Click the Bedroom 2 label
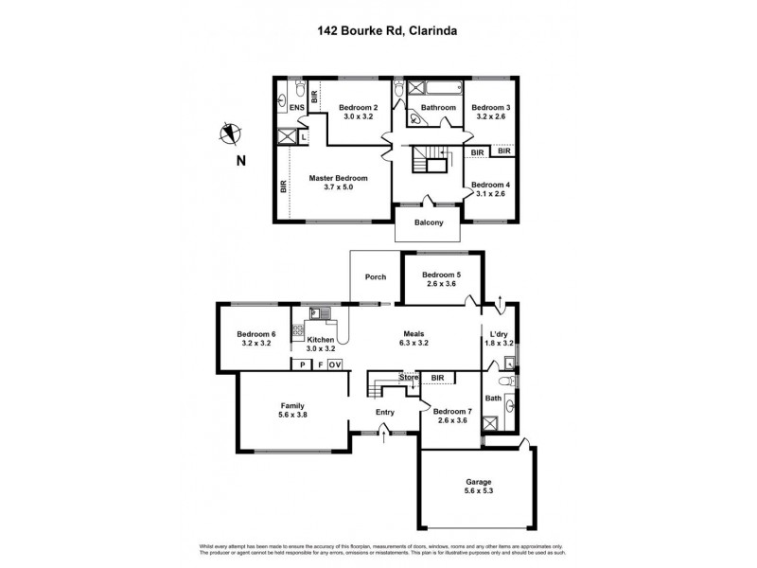pos(358,108)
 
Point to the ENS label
pos(296,108)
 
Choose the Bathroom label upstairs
pos(439,108)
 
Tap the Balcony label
pos(429,223)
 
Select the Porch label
pos(376,277)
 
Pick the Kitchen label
pos(320,339)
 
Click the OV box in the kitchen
pos(335,364)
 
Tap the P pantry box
pos(301,364)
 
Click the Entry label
pos(384,411)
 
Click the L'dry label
pos(499,333)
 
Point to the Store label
pos(408,378)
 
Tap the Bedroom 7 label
pos(450,411)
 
